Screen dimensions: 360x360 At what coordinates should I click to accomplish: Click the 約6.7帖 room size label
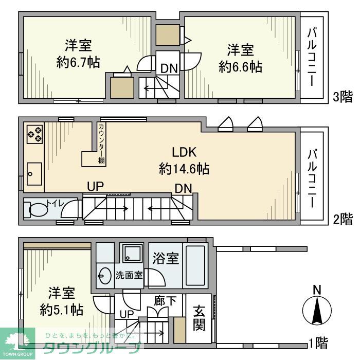[78, 63]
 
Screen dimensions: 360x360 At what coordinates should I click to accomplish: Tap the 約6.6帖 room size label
[240, 66]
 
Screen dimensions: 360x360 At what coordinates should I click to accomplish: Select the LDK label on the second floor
[184, 152]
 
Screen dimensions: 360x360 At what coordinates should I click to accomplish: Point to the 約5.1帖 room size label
[62, 310]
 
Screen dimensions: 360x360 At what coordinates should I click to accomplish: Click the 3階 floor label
[343, 96]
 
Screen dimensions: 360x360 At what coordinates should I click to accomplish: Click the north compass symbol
[318, 309]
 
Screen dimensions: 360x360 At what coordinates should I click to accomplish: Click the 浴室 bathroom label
[165, 258]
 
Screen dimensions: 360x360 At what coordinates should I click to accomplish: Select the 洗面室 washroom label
[128, 275]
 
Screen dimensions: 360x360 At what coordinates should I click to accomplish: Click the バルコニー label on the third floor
[312, 57]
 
